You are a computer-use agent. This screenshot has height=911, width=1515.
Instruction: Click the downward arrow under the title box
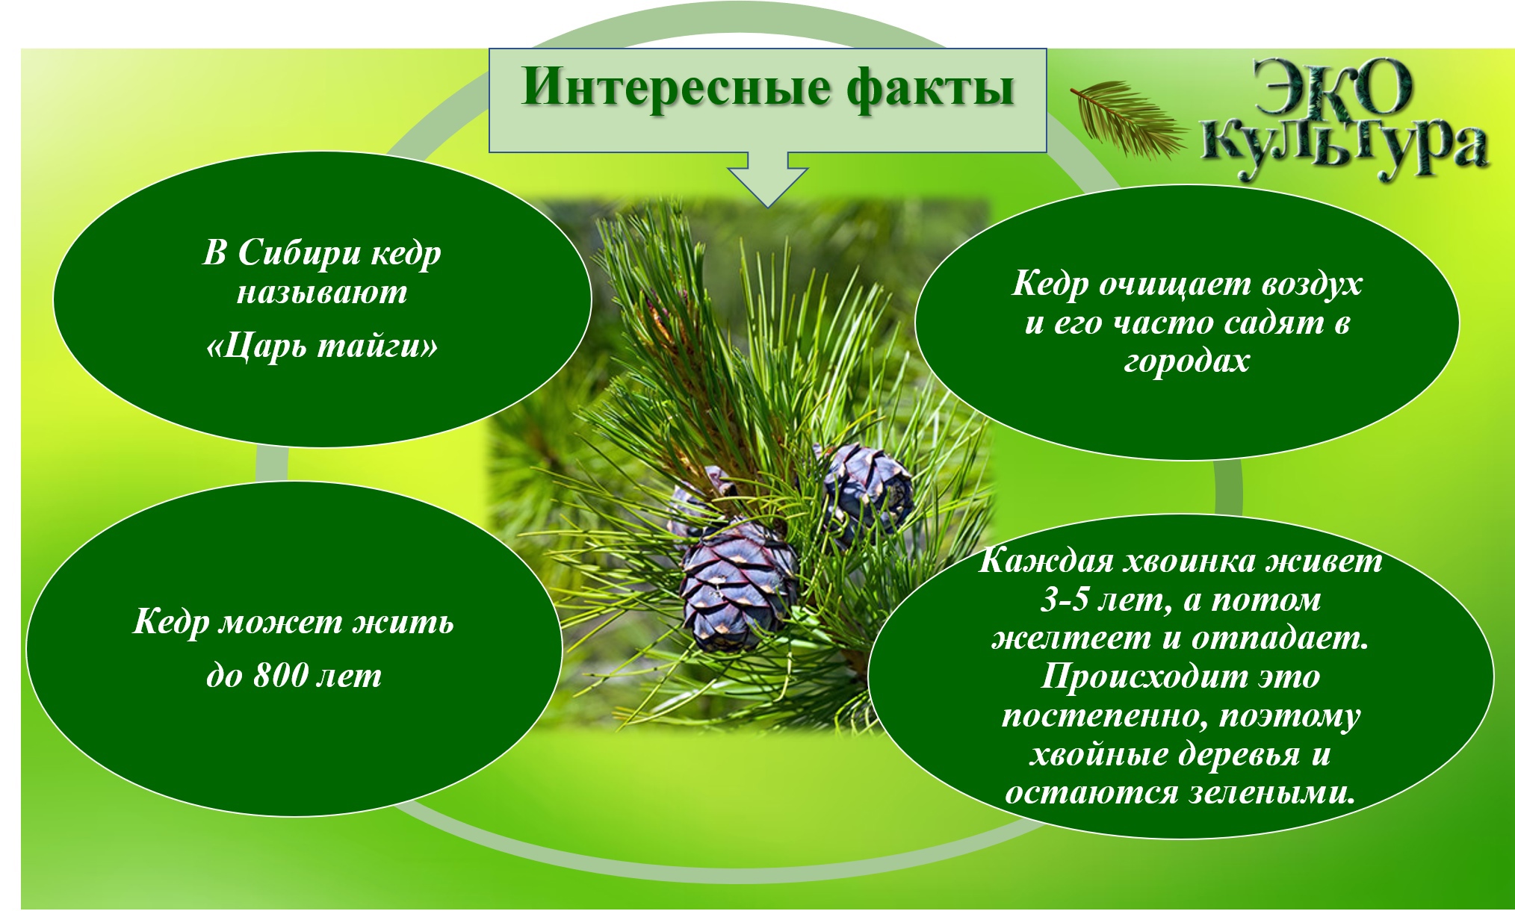coord(767,179)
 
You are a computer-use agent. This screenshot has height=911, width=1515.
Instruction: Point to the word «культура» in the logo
coord(1345,149)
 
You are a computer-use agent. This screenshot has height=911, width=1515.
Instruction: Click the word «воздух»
coord(1312,285)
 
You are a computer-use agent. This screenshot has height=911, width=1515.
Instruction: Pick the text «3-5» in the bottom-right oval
coord(1065,600)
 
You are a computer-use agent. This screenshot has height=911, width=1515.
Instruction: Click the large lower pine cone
coord(736,587)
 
